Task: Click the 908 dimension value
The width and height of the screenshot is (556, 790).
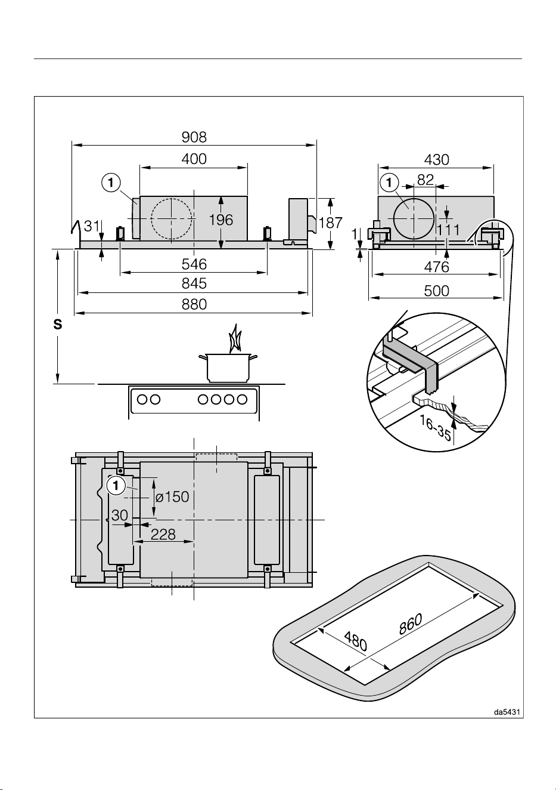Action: click(x=194, y=137)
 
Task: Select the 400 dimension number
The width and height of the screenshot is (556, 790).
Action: click(x=194, y=159)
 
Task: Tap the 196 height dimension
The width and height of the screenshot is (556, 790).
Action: click(x=221, y=220)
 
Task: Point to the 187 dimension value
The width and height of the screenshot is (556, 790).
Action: click(x=330, y=223)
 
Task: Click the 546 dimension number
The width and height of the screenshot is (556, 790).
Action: click(x=194, y=264)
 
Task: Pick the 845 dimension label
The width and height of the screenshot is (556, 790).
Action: click(x=194, y=283)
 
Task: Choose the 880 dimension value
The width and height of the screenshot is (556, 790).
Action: click(x=194, y=304)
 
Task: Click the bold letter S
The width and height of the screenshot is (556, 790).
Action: click(x=58, y=324)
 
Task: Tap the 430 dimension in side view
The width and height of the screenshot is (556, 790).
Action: click(x=437, y=160)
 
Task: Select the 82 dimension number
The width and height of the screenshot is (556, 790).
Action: click(x=425, y=180)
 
